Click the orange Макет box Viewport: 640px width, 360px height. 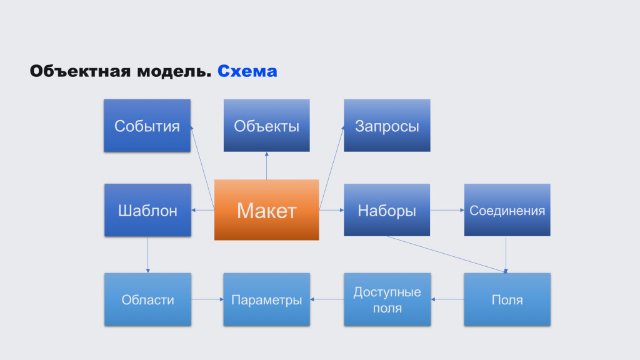pos(266,210)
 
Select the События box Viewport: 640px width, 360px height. pos(147,126)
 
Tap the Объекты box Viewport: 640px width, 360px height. pos(266,126)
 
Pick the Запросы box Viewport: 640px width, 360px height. pos(387,126)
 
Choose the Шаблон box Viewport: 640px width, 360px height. pos(147,210)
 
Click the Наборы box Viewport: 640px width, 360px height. pos(387,210)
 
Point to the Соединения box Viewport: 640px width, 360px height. pos(507,210)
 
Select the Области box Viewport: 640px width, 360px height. pos(147,299)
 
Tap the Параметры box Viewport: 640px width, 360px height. pos(266,299)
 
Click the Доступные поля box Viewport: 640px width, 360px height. pos(387,299)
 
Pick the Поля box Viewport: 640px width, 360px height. pos(507,299)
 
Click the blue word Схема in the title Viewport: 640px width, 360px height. pos(247,71)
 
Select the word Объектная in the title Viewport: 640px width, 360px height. pos(80,71)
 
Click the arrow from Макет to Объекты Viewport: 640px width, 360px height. pos(266,166)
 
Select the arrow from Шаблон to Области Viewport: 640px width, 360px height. pos(147,255)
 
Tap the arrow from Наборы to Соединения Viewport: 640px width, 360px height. pos(447,210)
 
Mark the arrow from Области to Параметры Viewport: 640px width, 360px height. pos(207,299)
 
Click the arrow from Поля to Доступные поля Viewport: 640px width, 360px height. pos(447,299)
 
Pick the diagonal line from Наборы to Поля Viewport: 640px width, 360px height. pos(446,254)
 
